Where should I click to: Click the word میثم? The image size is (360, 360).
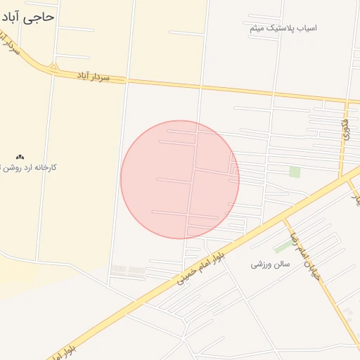257,28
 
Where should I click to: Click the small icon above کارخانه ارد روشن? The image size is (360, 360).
20,156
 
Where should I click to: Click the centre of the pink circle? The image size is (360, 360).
180,179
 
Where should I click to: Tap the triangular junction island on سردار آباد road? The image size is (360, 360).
53,67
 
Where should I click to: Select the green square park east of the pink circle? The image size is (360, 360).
295,172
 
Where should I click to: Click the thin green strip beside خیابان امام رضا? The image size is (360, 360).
283,247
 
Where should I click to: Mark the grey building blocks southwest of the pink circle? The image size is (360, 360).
128,269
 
